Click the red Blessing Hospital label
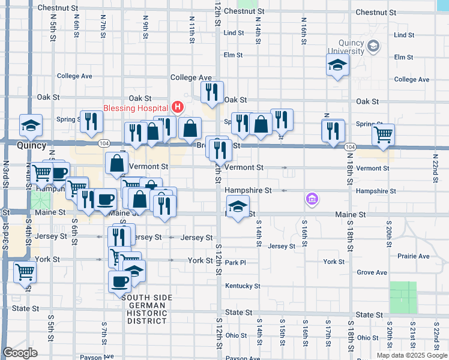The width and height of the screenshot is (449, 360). point(136,109)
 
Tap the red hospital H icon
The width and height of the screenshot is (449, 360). point(178,108)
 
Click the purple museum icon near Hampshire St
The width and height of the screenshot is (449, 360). point(311,198)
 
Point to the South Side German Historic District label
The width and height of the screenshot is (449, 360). point(146,309)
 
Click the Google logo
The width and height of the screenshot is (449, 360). point(20,353)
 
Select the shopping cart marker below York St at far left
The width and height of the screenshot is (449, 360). point(25,271)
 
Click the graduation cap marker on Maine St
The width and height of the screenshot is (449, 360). point(238,207)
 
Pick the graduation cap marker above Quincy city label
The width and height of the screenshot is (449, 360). point(31,125)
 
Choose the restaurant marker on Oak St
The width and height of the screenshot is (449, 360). point(211,92)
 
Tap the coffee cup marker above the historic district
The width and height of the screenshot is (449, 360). point(119,280)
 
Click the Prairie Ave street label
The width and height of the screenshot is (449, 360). point(415,256)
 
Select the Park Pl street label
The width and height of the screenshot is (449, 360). point(236,263)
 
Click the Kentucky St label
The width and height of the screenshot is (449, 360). point(243,286)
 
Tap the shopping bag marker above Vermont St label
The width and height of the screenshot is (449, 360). point(116,162)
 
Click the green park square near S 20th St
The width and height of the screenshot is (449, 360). point(403,298)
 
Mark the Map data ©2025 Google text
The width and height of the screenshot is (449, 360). point(411,355)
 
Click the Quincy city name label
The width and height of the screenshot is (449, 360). point(31,146)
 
